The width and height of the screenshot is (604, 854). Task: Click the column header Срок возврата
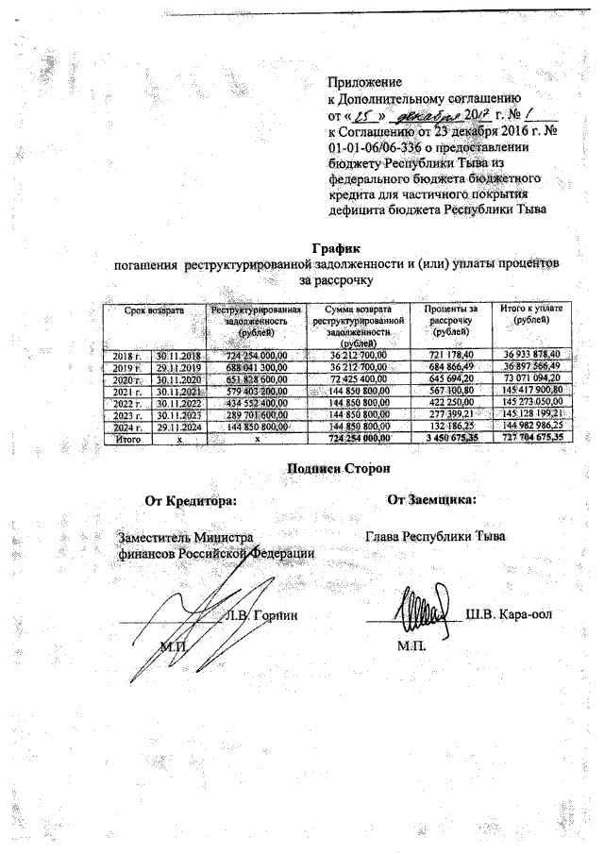(x=157, y=310)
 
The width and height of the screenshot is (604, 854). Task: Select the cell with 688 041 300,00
(x=256, y=366)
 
